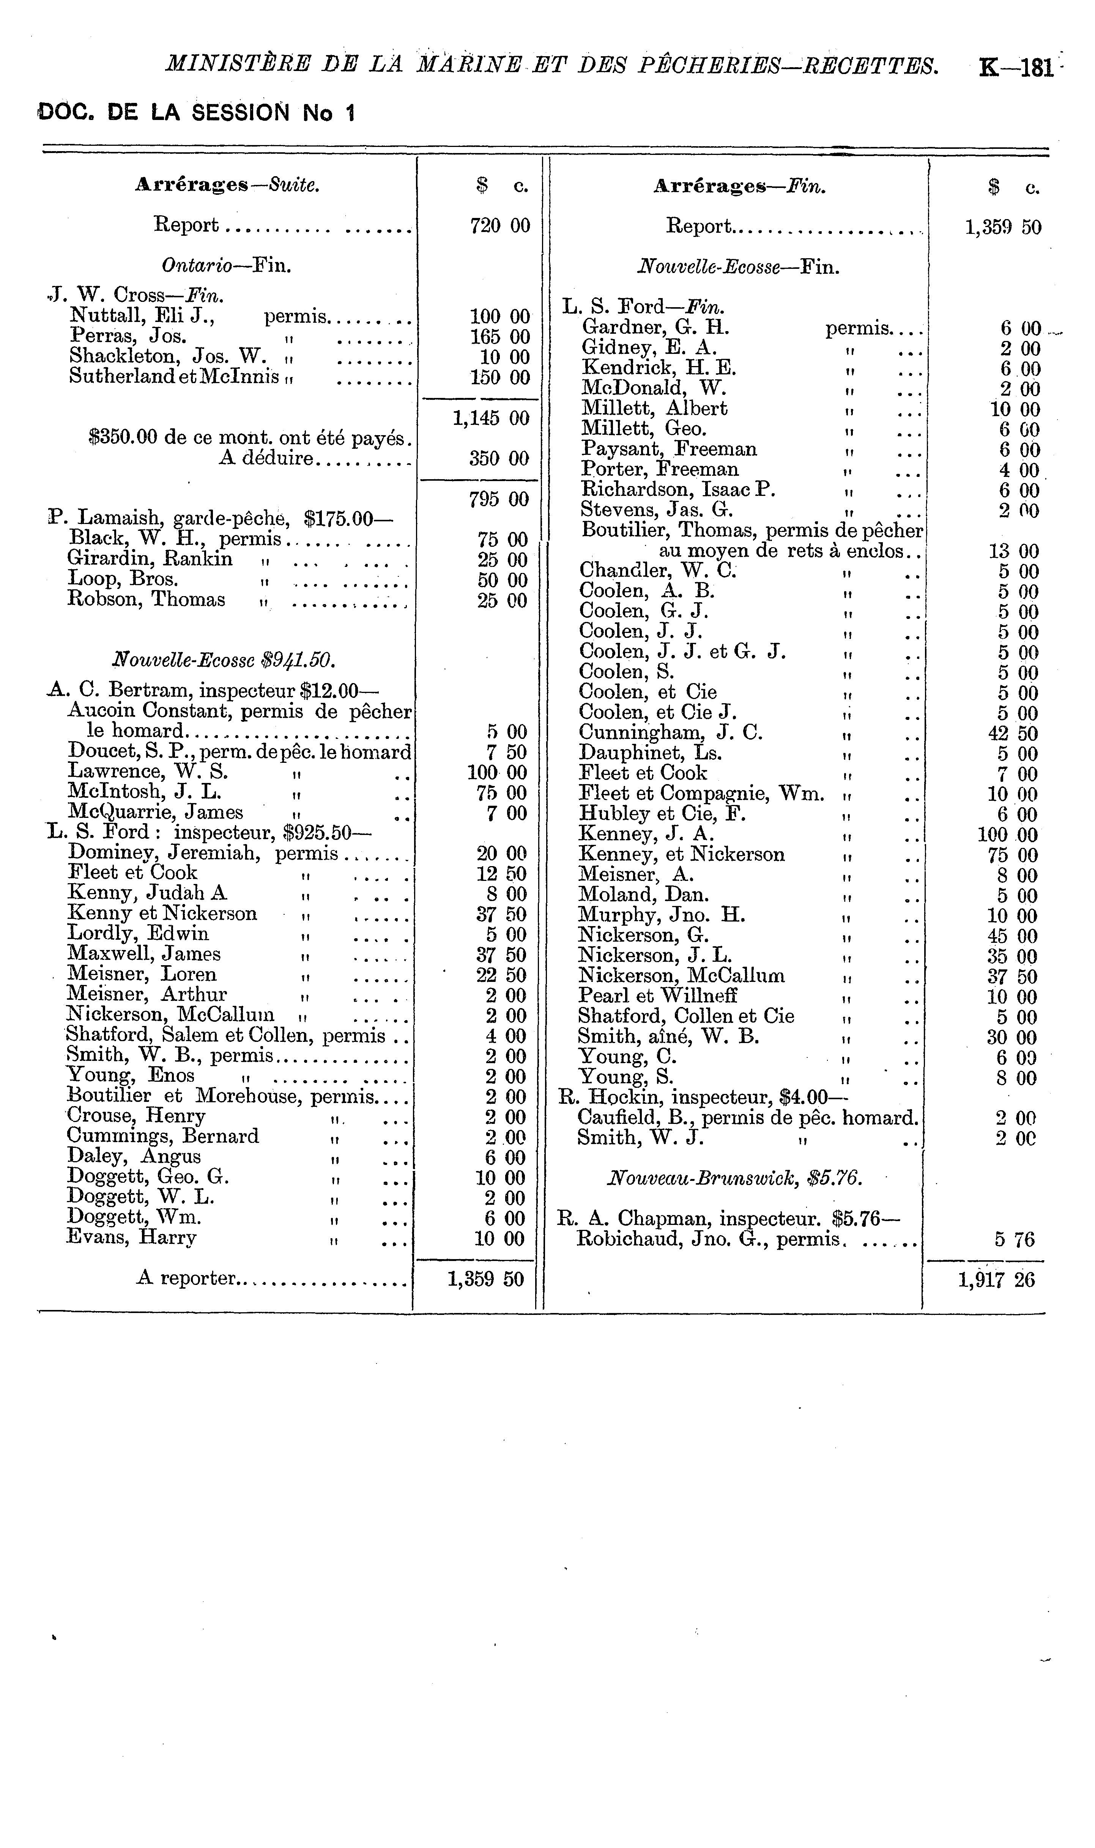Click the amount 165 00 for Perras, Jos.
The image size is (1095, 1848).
[x=499, y=337]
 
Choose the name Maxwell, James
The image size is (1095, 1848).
[x=144, y=954]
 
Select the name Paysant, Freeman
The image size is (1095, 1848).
[x=668, y=450]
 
